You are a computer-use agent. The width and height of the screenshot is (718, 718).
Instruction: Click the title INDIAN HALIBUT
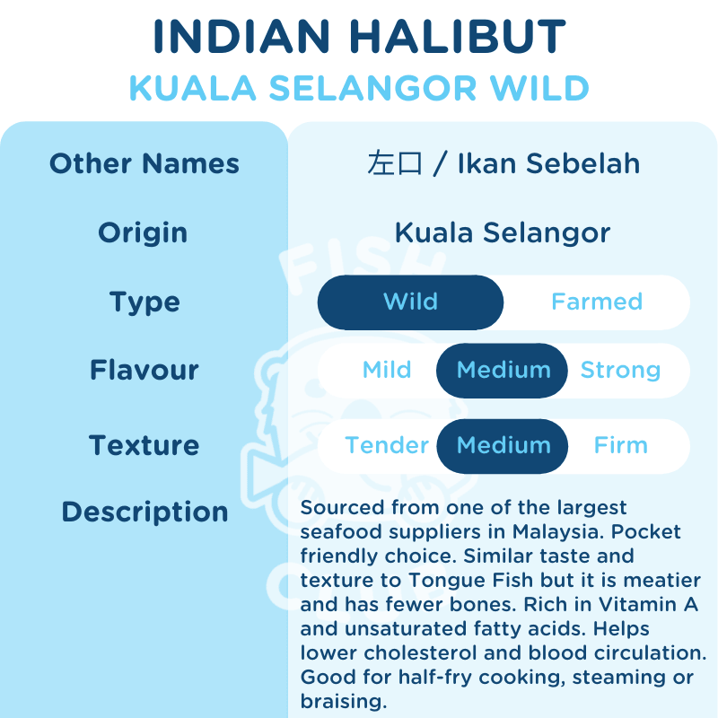359,38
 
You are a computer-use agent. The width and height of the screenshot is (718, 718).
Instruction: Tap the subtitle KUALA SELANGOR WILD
359,88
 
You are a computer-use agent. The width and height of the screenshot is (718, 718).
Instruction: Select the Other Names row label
144,163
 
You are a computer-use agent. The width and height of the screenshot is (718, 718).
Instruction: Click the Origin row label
143,232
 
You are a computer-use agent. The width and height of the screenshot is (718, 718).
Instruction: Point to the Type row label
144,302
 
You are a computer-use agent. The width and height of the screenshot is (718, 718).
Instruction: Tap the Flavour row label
144,370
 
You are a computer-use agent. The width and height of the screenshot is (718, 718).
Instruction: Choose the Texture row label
144,445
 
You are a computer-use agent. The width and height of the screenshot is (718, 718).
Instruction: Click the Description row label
144,512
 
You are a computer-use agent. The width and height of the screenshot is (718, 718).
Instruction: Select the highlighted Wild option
410,302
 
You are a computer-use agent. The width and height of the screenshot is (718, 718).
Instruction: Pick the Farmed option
597,302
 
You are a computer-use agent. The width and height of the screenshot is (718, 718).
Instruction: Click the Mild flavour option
387,370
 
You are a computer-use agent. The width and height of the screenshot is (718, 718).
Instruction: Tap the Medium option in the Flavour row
503,370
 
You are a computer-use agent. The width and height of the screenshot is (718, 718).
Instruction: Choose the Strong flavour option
620,370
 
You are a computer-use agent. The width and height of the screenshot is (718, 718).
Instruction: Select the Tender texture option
387,445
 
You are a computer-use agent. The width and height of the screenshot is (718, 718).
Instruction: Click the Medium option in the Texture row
503,445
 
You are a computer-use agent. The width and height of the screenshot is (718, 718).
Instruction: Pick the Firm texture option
620,445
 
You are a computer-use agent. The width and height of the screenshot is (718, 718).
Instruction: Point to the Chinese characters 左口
394,163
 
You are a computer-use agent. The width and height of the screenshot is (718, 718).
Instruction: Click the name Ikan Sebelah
548,163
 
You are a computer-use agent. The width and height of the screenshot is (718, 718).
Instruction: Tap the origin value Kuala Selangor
503,232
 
